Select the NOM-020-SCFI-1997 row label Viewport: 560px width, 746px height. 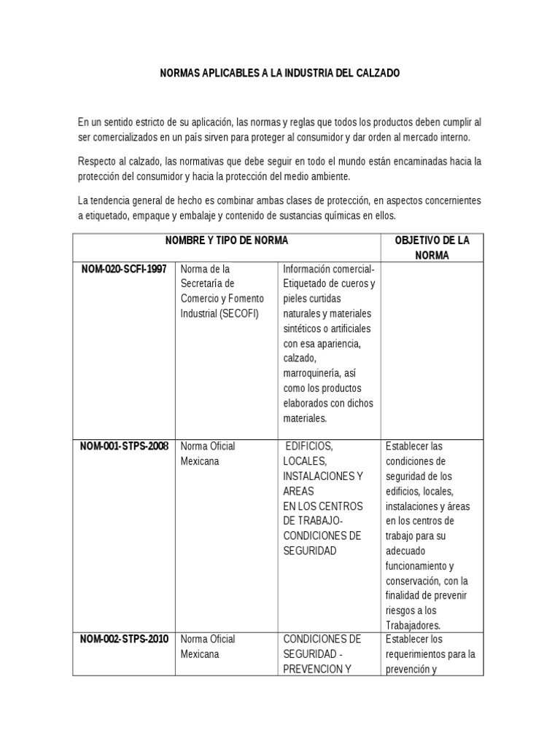pos(123,270)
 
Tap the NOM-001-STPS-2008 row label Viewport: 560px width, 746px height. pos(123,446)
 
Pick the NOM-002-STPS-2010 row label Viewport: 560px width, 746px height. pos(123,639)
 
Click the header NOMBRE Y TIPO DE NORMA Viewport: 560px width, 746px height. pos(227,240)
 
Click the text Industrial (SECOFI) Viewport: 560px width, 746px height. pos(219,314)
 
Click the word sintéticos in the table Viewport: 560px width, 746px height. pos(306,329)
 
